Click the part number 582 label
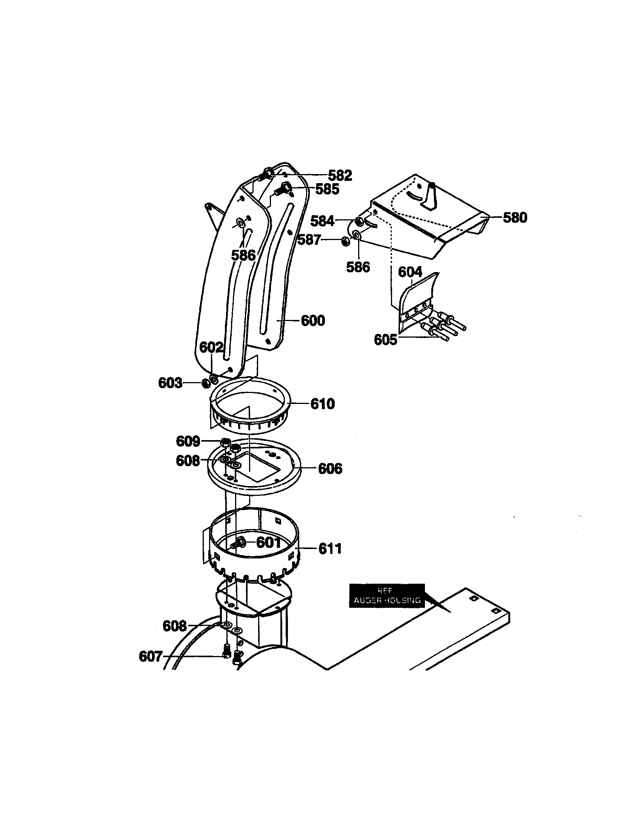coord(340,175)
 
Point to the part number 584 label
coord(322,221)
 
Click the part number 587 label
coord(309,240)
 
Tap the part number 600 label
coord(313,321)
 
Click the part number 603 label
coord(170,383)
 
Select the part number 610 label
coord(322,404)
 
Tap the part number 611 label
coord(330,549)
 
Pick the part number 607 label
coord(151,656)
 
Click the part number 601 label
coord(268,542)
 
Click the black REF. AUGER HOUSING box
coord(386,595)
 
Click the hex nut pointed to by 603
coord(205,383)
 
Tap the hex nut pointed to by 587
coord(345,241)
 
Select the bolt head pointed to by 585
coord(285,187)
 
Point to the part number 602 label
coord(211,347)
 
